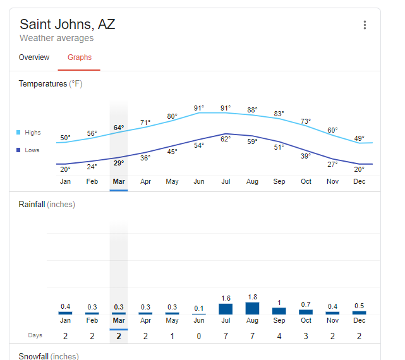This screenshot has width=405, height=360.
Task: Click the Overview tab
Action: (x=34, y=57)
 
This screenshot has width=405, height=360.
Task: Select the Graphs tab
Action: (x=80, y=57)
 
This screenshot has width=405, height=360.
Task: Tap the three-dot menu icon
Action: (x=365, y=25)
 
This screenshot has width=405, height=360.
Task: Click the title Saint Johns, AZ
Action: (x=68, y=25)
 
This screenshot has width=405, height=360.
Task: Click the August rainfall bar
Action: (x=252, y=308)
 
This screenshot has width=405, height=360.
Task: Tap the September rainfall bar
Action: (x=279, y=311)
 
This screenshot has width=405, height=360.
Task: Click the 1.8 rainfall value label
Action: (x=252, y=297)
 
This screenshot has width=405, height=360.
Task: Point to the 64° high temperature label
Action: (x=119, y=128)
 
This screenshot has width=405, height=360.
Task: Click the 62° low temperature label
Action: (x=226, y=139)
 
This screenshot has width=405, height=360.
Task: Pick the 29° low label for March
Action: (x=119, y=163)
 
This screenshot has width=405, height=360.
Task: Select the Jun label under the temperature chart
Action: (x=199, y=181)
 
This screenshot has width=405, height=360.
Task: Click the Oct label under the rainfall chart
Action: (x=306, y=320)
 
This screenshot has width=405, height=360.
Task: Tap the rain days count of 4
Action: (x=279, y=336)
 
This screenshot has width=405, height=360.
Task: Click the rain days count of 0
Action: (x=199, y=336)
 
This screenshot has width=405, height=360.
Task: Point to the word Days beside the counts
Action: (x=35, y=335)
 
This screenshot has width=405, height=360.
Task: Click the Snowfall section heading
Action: (x=49, y=356)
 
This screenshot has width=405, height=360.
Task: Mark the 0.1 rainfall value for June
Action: (x=199, y=308)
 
